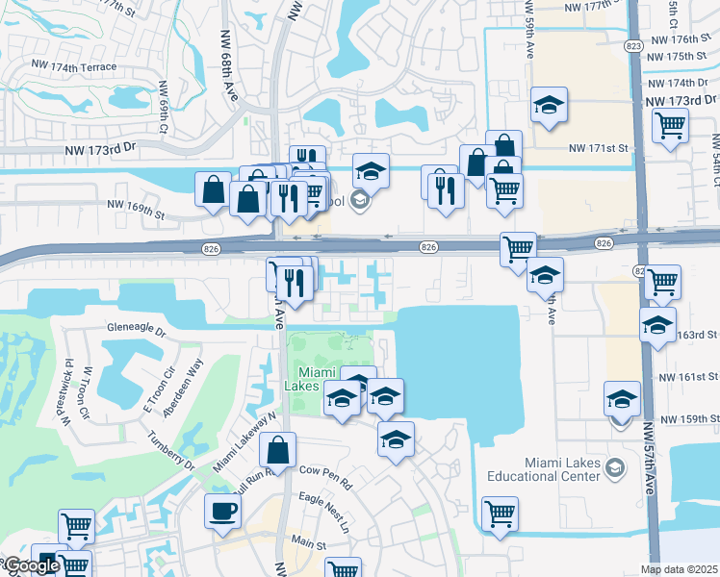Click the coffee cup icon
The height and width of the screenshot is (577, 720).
pyautogui.click(x=222, y=511)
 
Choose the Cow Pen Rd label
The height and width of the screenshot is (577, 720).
pyautogui.click(x=326, y=471)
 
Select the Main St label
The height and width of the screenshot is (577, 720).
pyautogui.click(x=312, y=544)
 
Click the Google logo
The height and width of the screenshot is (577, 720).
pyautogui.click(x=31, y=565)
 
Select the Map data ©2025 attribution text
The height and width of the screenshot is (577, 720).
pyautogui.click(x=680, y=569)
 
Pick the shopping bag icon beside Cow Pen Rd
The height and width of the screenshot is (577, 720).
pyautogui.click(x=277, y=450)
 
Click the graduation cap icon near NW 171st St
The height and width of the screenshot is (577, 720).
pyautogui.click(x=550, y=105)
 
